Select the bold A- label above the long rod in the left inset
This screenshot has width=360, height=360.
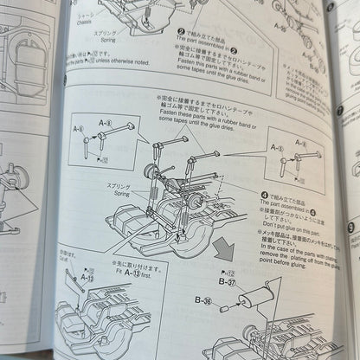[x=105, y=124]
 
